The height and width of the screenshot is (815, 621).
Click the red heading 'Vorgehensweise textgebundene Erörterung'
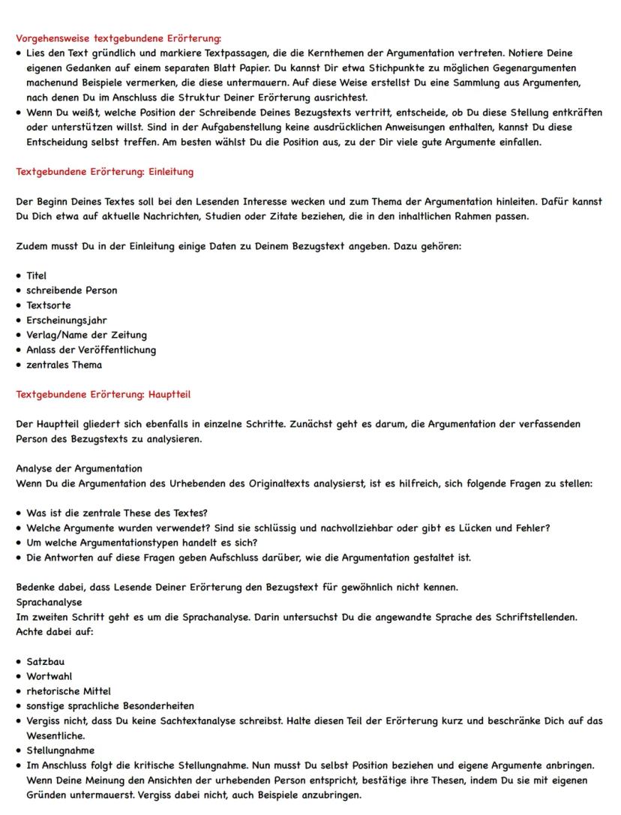point(118,38)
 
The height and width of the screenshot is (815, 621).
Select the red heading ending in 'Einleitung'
point(104,172)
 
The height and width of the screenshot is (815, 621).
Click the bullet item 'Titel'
point(36,275)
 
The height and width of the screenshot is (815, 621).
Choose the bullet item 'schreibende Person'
point(71,290)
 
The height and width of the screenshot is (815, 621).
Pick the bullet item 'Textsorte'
point(48,305)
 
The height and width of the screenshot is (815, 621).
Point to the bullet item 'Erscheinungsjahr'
point(67,320)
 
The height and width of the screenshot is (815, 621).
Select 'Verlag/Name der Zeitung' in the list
point(86,335)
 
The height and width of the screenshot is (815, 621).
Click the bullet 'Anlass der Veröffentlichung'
point(91,350)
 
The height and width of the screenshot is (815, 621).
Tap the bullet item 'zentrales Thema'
point(64,365)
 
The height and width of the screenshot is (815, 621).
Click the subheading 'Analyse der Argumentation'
point(79,468)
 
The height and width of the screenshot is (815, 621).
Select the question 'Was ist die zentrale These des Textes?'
point(116,513)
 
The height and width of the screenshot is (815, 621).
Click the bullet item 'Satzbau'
point(45,662)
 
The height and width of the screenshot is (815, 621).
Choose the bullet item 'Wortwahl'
point(47,676)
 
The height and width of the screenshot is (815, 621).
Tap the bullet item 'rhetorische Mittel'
point(68,691)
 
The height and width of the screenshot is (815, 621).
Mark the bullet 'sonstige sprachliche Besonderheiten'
point(109,705)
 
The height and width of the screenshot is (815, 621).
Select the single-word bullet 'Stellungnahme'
point(60,750)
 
